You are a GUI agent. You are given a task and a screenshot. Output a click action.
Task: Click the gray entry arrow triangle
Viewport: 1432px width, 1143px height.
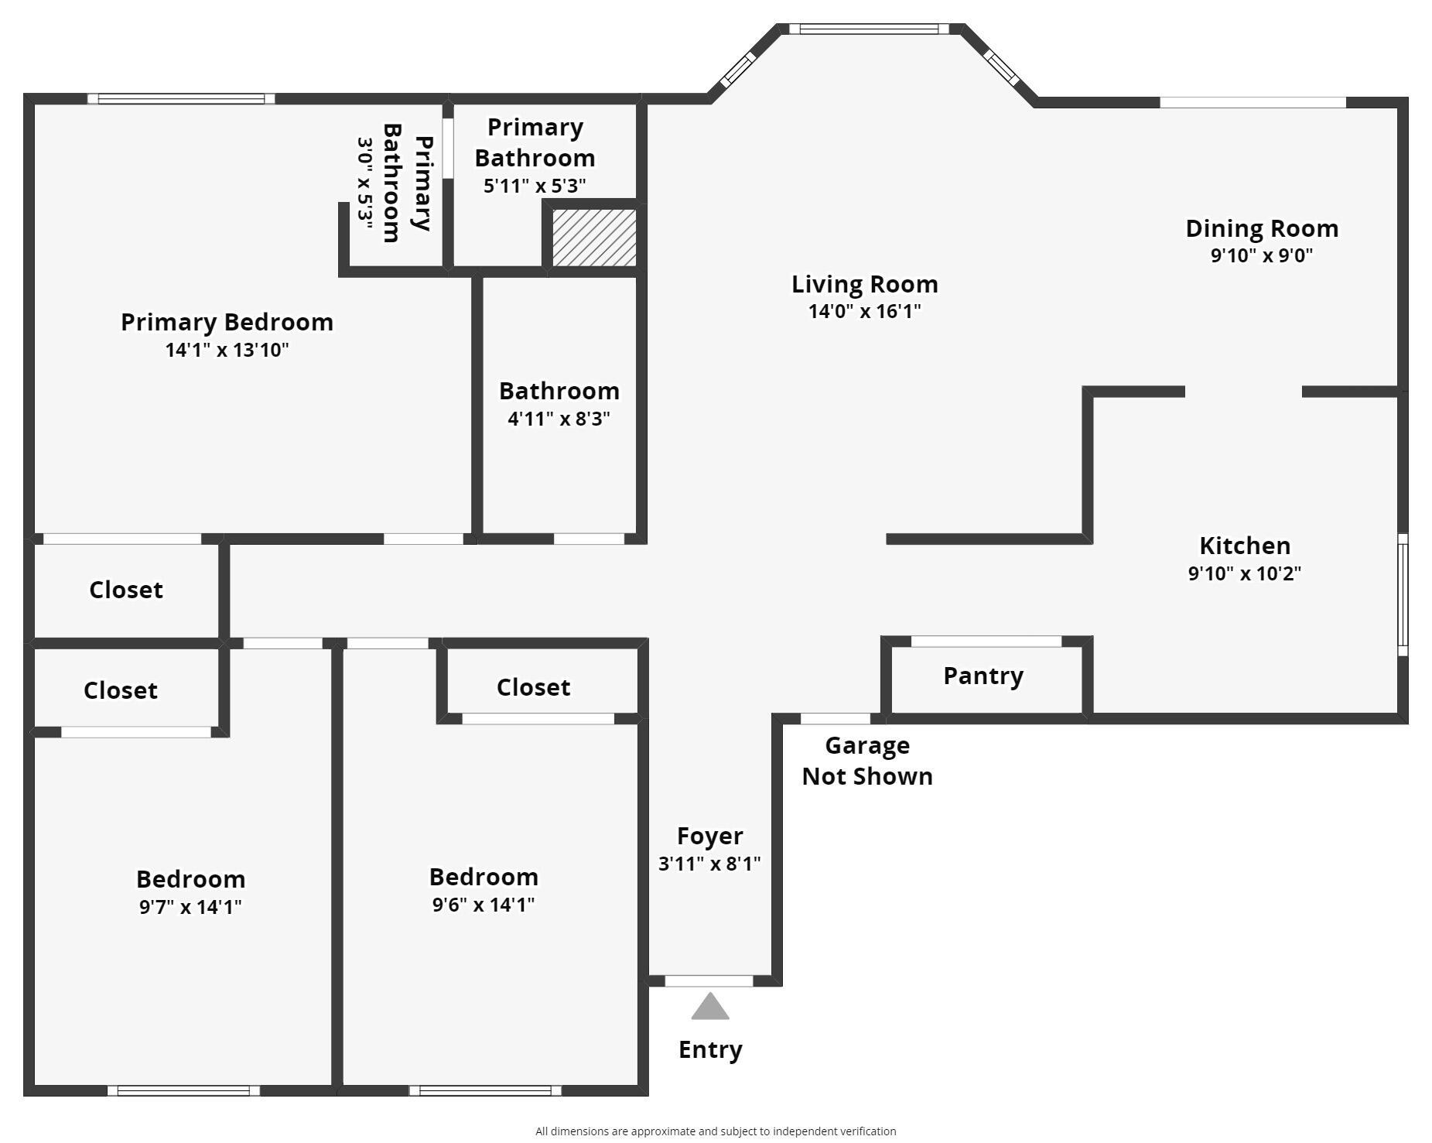(709, 1007)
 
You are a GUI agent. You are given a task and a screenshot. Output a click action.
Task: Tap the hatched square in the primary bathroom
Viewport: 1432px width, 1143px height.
(594, 238)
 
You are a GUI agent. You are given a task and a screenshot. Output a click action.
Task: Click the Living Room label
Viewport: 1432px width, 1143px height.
(864, 284)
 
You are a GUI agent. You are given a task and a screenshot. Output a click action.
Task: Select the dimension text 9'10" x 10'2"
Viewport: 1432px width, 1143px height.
(1244, 573)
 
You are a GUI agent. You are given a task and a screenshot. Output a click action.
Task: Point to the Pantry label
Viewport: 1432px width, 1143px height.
(983, 676)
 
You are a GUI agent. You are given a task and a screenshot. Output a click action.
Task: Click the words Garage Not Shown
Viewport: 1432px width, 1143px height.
(866, 761)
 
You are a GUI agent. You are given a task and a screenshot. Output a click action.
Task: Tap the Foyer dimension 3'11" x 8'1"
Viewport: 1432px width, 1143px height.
(709, 864)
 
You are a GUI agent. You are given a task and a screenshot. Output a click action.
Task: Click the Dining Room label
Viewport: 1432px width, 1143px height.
(1261, 228)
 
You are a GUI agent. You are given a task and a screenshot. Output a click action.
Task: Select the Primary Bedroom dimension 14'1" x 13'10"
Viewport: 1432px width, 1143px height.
(227, 350)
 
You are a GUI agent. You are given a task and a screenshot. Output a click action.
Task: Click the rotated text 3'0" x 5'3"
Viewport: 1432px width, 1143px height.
(364, 183)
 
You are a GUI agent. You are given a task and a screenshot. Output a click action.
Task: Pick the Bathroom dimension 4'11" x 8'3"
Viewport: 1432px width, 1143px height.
(559, 419)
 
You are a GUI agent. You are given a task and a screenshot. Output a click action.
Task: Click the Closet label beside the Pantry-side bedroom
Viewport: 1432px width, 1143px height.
(533, 687)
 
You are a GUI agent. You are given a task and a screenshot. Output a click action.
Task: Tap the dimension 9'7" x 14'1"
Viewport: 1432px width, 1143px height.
(190, 906)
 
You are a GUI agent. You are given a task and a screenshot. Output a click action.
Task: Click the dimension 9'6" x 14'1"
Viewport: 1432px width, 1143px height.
(484, 904)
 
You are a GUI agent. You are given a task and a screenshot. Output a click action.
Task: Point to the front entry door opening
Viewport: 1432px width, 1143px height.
(709, 981)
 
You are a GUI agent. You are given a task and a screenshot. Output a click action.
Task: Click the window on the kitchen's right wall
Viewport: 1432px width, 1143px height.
(1402, 594)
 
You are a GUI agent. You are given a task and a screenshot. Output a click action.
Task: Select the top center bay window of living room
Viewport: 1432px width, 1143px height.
(868, 29)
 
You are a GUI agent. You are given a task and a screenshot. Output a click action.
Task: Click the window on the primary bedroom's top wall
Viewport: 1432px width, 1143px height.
(180, 98)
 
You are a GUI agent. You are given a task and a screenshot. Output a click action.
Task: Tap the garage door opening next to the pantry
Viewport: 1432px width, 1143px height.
(835, 719)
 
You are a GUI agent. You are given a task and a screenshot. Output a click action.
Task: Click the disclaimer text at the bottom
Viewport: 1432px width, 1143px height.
(715, 1131)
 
